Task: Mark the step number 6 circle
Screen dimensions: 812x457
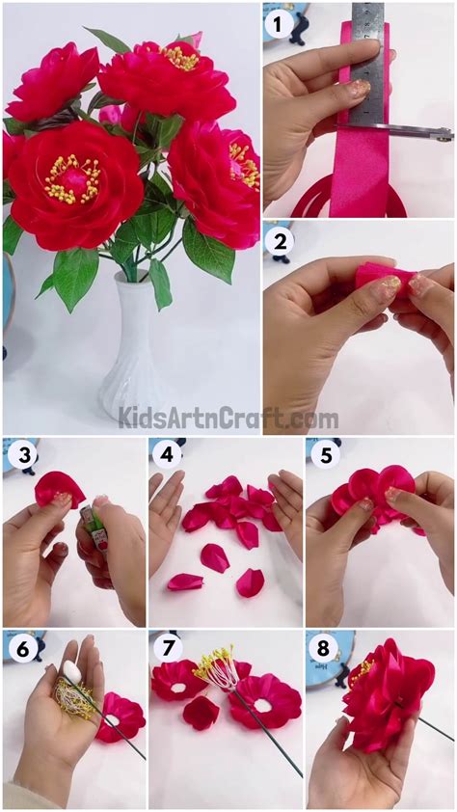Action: pos(21,650)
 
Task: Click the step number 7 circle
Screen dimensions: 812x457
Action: pos(168,650)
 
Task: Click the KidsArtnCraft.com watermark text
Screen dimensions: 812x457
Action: pos(228,419)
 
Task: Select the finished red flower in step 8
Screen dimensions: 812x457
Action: pos(386,694)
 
